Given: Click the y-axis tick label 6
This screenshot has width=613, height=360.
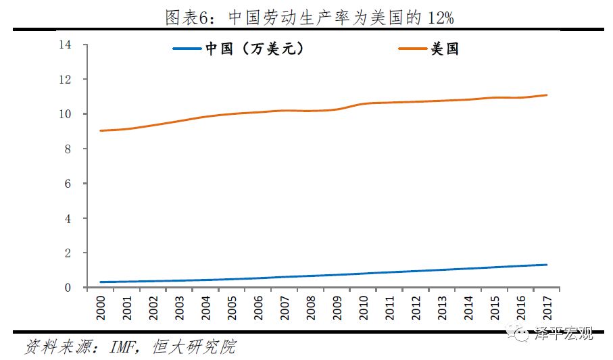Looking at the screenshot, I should coord(68,184).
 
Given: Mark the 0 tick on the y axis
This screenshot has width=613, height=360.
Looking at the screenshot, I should coord(68,288).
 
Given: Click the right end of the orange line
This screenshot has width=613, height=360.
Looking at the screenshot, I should coord(547,95).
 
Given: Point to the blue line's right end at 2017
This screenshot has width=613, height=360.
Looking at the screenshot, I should coord(547,265).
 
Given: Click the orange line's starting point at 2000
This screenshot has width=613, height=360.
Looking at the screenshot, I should coord(101,131).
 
